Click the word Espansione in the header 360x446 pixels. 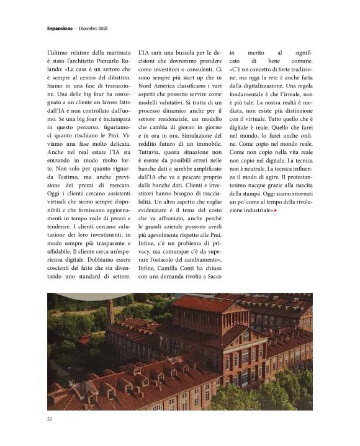[60, 28]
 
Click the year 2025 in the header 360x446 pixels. [107, 28]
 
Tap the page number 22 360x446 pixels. [49, 419]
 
